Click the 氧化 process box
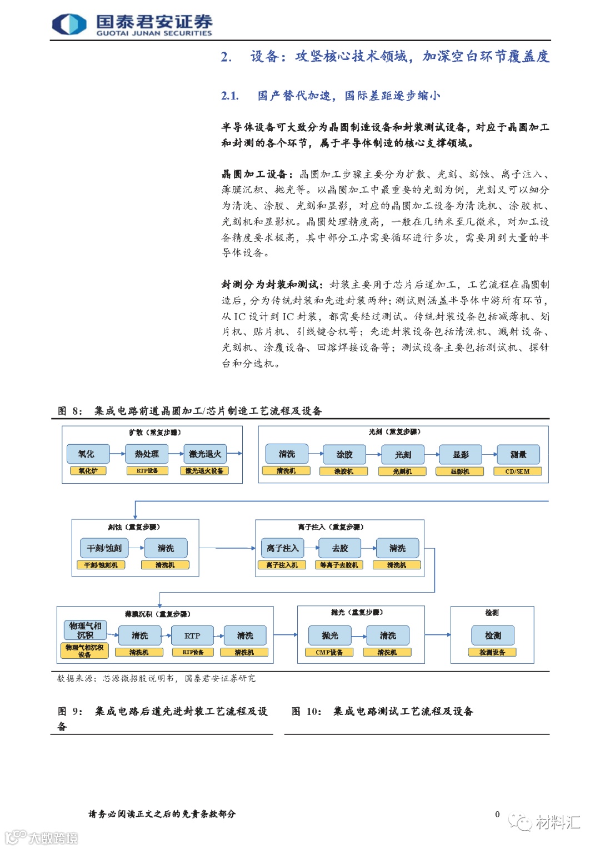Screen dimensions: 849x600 tap(87, 454)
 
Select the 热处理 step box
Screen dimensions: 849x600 tap(147, 454)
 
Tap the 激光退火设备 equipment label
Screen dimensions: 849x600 tap(204, 471)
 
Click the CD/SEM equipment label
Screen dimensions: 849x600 tap(517, 471)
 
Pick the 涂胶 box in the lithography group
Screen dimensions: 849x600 tap(344, 455)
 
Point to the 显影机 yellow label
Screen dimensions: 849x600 tap(460, 471)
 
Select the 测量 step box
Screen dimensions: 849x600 tap(518, 455)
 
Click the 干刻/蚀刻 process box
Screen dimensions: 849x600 tap(104, 548)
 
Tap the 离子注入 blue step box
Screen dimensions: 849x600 tap(282, 548)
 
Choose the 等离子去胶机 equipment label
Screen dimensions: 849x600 tap(339, 565)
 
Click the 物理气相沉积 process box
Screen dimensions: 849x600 tap(85, 630)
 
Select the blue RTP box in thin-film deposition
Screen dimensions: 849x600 tap(192, 635)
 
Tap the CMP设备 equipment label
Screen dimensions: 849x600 tap(329, 652)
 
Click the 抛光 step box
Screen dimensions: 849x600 tap(330, 635)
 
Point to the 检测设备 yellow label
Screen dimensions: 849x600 tap(492, 652)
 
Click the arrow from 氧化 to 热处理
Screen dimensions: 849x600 tap(117, 454)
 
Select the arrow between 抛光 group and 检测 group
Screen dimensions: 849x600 tap(438, 634)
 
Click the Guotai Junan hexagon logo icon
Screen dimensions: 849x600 tap(69, 24)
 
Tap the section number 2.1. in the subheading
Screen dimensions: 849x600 tap(230, 96)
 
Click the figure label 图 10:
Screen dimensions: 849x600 tap(306, 712)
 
